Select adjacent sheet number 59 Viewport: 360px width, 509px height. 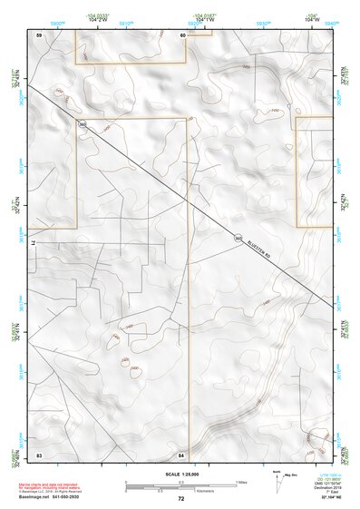(39, 34)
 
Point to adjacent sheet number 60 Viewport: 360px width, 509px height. (182, 34)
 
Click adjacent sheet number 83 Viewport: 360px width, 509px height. (39, 454)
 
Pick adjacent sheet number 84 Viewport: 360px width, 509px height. (181, 454)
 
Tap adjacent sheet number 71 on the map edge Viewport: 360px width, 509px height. (32, 244)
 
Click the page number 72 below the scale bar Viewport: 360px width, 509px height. (181, 498)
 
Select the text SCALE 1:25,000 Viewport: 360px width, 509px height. (180, 474)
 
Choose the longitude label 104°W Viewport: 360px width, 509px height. (313, 20)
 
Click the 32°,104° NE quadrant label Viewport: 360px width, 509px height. (324, 498)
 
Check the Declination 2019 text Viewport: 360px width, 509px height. (325, 487)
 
